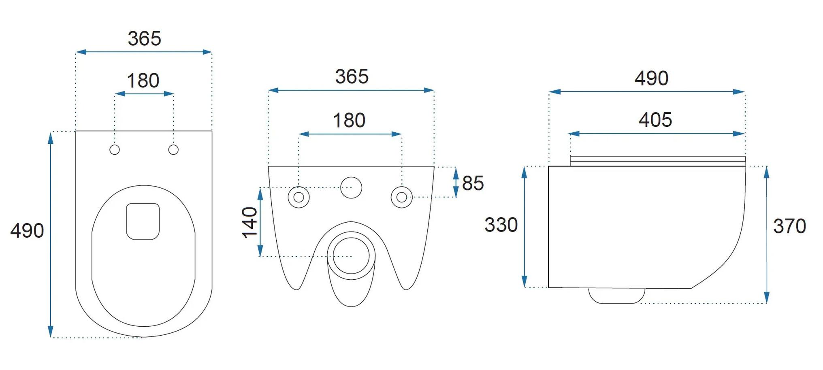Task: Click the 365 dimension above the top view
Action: coord(145,38)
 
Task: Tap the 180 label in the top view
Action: coord(143,81)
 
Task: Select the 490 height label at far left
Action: coord(27,231)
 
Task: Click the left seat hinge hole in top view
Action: coord(115,150)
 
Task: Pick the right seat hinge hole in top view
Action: coord(173,150)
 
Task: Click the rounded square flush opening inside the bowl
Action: coord(143,221)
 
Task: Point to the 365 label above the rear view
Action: coord(352,77)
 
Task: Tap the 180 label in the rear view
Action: coord(349,121)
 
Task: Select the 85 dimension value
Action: coord(473,183)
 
